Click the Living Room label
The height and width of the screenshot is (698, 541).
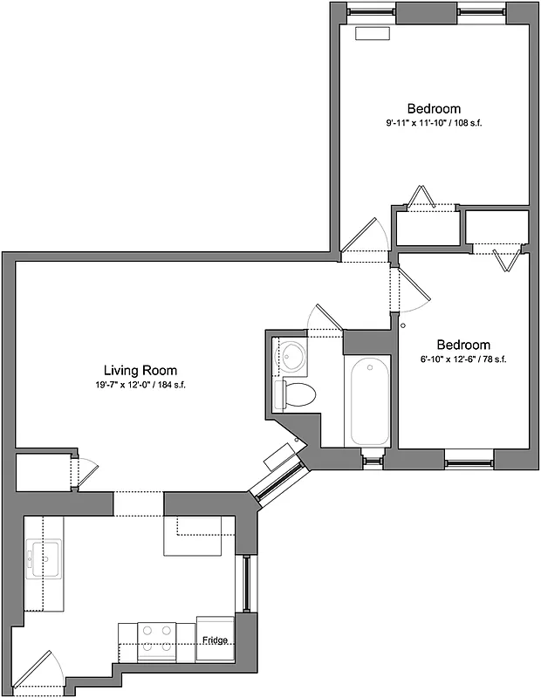140,371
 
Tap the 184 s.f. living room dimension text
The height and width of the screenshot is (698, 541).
140,385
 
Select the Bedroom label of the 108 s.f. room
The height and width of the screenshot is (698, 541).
434,108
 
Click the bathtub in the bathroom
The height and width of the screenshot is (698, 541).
370,402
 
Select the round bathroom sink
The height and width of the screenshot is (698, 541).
292,355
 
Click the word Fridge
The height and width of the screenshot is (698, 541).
216,640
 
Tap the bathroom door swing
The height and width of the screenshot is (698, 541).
325,318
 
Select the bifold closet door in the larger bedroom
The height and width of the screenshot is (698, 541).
424,197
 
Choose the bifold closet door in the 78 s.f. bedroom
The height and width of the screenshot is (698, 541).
502,258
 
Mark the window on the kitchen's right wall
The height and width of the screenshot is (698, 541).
248,583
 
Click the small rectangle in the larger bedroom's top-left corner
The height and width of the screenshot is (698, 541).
373,33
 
